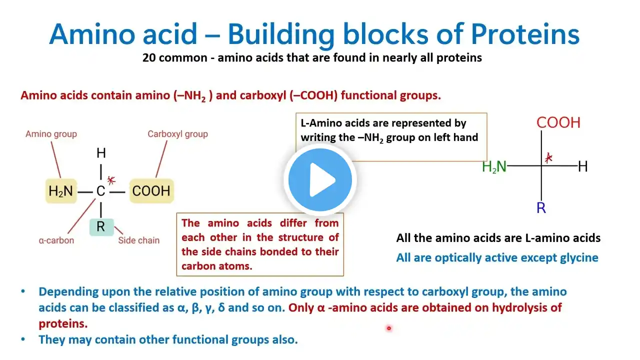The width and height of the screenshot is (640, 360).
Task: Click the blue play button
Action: (320, 180)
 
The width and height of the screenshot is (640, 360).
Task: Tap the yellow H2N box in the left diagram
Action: (61, 191)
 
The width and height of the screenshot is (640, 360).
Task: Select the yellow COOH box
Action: (151, 191)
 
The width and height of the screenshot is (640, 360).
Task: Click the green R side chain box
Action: (101, 227)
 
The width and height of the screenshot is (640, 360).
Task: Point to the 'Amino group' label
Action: (51, 134)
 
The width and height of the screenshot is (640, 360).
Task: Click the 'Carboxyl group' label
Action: (177, 134)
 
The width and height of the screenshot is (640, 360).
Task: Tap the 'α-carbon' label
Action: (56, 240)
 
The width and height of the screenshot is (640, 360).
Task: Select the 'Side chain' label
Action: (139, 240)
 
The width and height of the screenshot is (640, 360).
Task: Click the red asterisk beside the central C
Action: (111, 180)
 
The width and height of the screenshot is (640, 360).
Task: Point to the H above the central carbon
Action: (101, 153)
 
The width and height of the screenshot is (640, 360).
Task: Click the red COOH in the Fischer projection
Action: (558, 122)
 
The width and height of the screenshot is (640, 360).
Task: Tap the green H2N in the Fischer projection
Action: (494, 166)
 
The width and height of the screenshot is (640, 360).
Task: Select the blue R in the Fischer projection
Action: (541, 207)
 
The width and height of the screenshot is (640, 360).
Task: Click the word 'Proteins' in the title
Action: (525, 34)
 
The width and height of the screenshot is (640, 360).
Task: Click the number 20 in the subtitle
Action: (148, 57)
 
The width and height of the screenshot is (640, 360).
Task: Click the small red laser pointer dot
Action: (389, 328)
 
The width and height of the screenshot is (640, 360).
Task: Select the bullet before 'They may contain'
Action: (23, 339)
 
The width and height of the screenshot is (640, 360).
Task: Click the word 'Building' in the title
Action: (281, 35)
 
